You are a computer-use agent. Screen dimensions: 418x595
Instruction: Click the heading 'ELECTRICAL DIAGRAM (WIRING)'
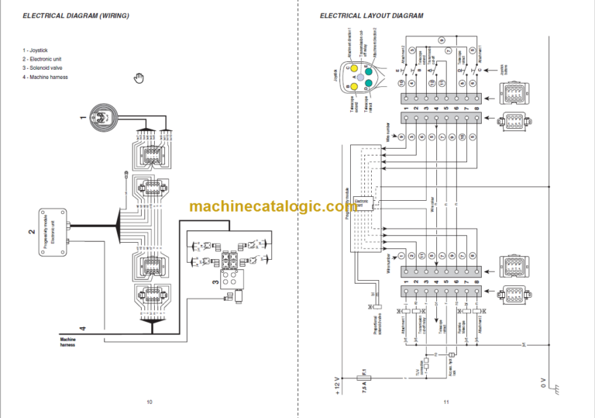pos(76,16)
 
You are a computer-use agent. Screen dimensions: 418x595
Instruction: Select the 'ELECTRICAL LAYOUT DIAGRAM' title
pos(371,16)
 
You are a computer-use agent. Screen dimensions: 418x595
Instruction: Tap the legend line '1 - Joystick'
pos(38,50)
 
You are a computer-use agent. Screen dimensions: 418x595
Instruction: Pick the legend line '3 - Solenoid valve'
pos(46,68)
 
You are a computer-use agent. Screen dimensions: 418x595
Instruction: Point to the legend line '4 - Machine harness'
pos(47,78)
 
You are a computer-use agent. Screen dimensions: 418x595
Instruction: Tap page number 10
pos(149,401)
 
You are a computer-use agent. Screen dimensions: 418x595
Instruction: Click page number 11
pos(446,401)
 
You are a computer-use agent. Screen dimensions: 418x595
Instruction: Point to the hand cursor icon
pos(139,76)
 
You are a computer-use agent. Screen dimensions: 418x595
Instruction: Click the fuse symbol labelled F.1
pos(363,379)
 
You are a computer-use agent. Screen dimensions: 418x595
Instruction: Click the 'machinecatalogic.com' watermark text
pos(272,207)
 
